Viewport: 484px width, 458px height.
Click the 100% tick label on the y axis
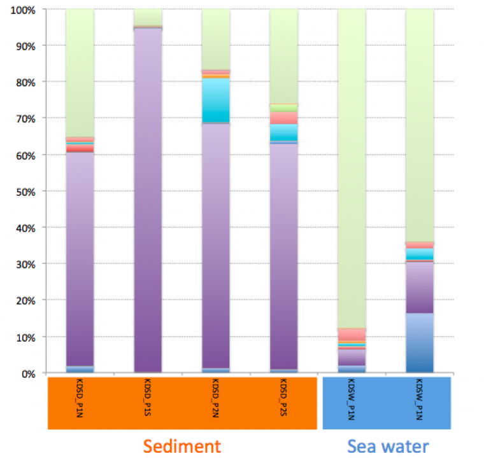pos(22,10)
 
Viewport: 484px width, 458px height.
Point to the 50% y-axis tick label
pos(24,191)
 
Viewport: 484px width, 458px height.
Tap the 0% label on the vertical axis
pos(27,373)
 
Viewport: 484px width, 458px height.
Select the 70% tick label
pos(24,119)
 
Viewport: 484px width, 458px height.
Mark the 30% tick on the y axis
pos(24,264)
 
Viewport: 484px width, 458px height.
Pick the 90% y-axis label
pos(24,46)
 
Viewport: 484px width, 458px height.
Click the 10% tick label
pos(24,337)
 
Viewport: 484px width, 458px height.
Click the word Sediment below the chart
pos(182,446)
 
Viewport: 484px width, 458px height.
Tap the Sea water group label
pos(388,446)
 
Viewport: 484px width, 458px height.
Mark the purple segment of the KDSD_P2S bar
pos(283,254)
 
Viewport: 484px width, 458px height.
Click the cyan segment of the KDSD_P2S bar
pos(283,132)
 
